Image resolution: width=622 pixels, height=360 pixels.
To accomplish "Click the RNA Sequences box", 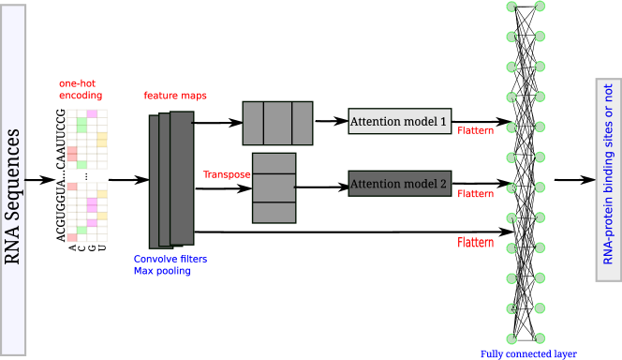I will click(x=13, y=178).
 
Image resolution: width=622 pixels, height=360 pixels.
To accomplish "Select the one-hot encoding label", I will click(x=81, y=89).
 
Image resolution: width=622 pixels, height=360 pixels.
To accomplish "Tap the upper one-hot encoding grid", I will click(x=87, y=139).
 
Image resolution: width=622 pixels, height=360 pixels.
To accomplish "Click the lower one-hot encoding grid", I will click(x=87, y=212).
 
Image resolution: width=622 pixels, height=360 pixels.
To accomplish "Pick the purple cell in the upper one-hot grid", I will click(x=92, y=114).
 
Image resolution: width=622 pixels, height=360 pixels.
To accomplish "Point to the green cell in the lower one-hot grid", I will click(x=82, y=230).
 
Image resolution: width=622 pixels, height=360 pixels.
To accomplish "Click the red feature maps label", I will click(x=174, y=96).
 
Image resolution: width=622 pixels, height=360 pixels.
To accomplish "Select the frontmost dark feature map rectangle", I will click(x=182, y=177).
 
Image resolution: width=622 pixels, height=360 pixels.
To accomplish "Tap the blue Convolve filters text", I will click(x=170, y=259).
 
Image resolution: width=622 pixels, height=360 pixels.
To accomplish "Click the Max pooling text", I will click(x=161, y=271).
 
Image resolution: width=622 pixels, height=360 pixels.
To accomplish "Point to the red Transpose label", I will click(x=227, y=174).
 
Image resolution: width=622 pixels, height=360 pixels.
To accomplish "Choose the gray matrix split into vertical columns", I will click(x=277, y=123).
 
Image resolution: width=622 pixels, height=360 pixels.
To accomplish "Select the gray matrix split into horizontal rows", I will click(x=274, y=187).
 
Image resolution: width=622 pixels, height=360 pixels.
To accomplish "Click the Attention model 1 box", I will click(x=399, y=121).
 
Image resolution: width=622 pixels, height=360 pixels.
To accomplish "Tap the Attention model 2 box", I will click(x=399, y=184).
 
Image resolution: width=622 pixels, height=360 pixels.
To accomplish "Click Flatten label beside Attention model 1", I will click(x=475, y=130).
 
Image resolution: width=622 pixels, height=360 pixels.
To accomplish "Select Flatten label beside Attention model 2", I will click(x=475, y=193).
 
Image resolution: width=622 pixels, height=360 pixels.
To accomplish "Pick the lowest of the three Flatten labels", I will click(x=475, y=242).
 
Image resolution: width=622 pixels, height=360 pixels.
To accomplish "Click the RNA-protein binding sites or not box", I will click(x=608, y=180).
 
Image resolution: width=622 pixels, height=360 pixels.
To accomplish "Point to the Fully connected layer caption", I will click(x=527, y=353).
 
